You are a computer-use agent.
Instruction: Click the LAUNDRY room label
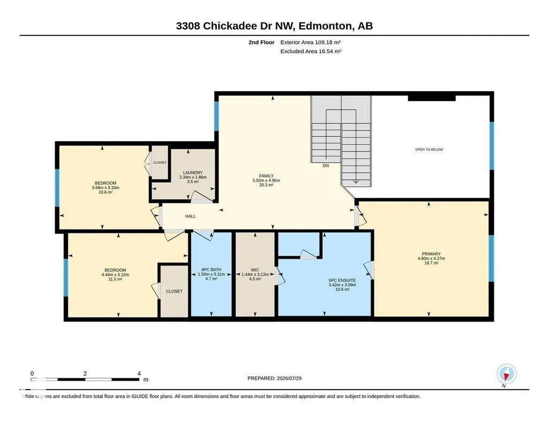point(193,172)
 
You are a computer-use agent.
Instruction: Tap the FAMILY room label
point(266,176)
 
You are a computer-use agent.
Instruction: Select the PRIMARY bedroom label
point(431,254)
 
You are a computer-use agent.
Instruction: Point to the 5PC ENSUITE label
point(342,280)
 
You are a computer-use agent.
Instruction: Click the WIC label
point(255,270)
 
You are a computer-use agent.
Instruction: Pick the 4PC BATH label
point(211,270)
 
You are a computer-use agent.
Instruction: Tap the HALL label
point(191,216)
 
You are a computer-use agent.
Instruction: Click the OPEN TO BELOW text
point(429,149)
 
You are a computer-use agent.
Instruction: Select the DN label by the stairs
point(326,166)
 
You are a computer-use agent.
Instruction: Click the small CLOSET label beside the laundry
point(160,163)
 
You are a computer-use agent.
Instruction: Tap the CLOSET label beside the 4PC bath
point(174,291)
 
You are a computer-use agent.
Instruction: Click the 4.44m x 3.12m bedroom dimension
point(115,275)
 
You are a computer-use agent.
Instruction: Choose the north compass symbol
point(506,374)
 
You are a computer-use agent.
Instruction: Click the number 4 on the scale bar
point(139,373)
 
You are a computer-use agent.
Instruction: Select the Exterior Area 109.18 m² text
point(311,42)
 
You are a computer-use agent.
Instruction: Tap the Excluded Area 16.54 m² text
point(311,51)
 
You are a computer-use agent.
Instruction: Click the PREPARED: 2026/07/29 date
point(274,378)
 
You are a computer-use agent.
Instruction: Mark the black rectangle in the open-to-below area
point(432,99)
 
